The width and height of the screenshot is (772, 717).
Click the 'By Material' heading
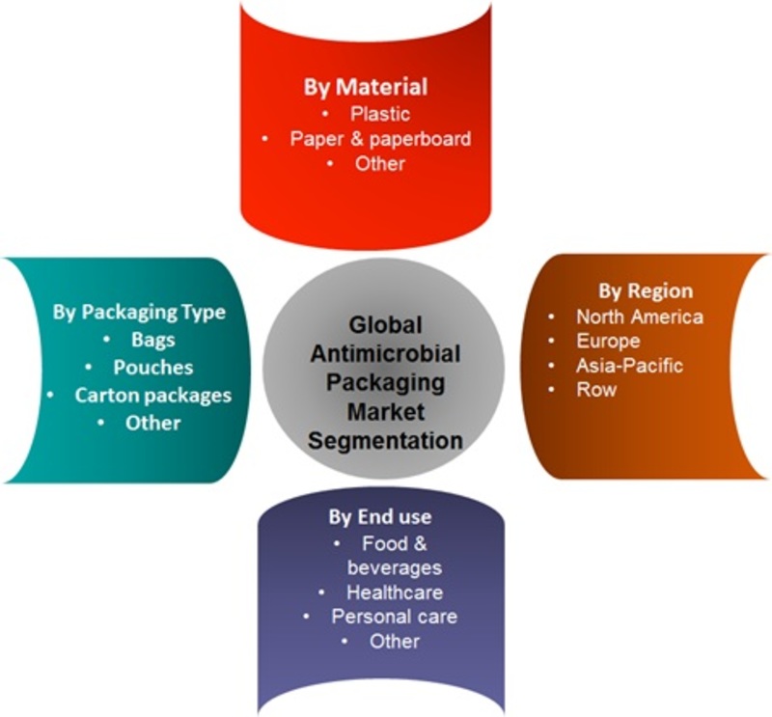coord(366,87)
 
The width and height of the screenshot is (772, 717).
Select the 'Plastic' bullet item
coord(380,114)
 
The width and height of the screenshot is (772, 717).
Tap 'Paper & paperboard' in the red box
coord(380,139)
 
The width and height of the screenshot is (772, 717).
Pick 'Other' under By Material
coord(380,163)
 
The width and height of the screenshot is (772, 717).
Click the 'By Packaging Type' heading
coord(139,313)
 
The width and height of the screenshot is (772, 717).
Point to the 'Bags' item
coord(153,340)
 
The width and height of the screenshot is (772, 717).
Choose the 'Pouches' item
coord(153,368)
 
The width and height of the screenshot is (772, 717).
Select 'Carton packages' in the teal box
coord(153,396)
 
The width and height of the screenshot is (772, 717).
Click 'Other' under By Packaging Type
coord(153,423)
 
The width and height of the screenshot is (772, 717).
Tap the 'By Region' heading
coord(646,291)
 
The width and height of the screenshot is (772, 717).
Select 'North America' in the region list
coord(640,317)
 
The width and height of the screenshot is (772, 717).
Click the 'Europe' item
coord(608,341)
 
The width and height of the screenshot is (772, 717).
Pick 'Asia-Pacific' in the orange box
coord(629,366)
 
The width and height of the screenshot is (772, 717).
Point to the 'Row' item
coord(596,390)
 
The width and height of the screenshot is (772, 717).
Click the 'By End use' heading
coord(380,517)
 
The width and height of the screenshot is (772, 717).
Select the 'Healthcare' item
coord(395,593)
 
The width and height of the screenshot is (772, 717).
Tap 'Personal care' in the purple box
coord(395,617)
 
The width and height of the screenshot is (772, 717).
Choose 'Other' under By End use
coord(395,641)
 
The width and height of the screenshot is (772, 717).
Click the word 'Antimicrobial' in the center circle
coord(385,353)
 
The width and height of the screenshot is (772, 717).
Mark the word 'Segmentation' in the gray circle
coord(385,441)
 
